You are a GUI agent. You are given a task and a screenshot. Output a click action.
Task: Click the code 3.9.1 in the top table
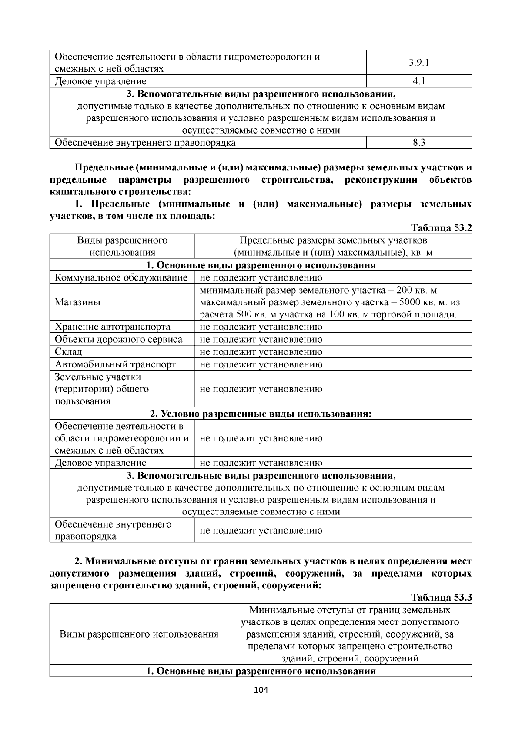pyautogui.click(x=419, y=63)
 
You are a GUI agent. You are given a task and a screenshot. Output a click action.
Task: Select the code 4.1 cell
pyautogui.click(x=419, y=81)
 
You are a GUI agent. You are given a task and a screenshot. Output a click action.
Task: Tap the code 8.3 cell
pyautogui.click(x=419, y=143)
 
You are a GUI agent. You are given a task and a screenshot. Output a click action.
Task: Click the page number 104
pyautogui.click(x=261, y=690)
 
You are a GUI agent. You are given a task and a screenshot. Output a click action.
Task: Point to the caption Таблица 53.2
pyautogui.click(x=442, y=228)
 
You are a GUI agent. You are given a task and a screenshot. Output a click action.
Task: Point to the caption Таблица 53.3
pyautogui.click(x=442, y=597)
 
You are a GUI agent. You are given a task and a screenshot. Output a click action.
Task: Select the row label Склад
pyautogui.click(x=68, y=352)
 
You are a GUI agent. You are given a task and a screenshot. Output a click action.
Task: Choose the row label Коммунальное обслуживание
pyautogui.click(x=121, y=277)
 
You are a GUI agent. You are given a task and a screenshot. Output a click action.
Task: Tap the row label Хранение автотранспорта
pyautogui.click(x=112, y=327)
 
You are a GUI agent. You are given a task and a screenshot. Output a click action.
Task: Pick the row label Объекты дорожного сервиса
pyautogui.click(x=118, y=340)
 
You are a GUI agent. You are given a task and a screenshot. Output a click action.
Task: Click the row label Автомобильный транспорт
pyautogui.click(x=115, y=364)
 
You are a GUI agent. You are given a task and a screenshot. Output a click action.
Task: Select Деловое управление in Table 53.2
pyautogui.click(x=100, y=463)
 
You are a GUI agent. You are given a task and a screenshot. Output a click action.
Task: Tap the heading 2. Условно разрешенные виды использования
pyautogui.click(x=261, y=414)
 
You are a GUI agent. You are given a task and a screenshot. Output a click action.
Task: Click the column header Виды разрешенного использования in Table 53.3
pyautogui.click(x=139, y=634)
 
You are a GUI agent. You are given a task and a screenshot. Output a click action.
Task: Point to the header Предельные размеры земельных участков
pyautogui.click(x=333, y=240)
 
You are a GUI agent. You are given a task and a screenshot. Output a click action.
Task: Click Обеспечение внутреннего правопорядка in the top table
pyautogui.click(x=145, y=143)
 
